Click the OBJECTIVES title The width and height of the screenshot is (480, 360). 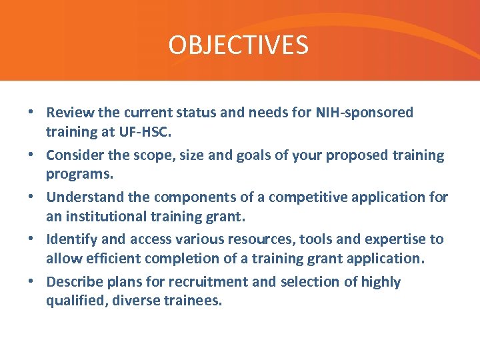pyautogui.click(x=239, y=45)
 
